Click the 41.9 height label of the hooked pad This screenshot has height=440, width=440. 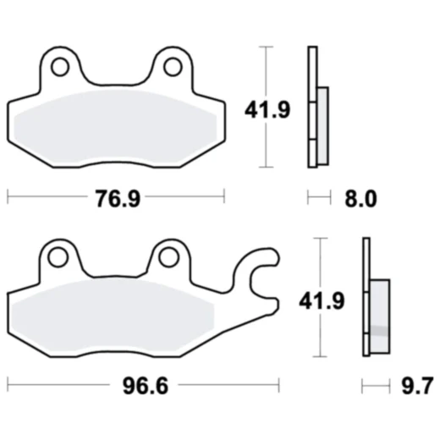[326, 300]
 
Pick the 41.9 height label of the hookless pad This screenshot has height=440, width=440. [267, 110]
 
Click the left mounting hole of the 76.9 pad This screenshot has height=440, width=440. [61, 65]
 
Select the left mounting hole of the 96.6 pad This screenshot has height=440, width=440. [58, 256]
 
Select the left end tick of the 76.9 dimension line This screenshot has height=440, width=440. [8, 198]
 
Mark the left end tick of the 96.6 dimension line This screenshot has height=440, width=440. [8, 387]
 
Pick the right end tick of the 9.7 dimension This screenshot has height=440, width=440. [390, 387]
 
